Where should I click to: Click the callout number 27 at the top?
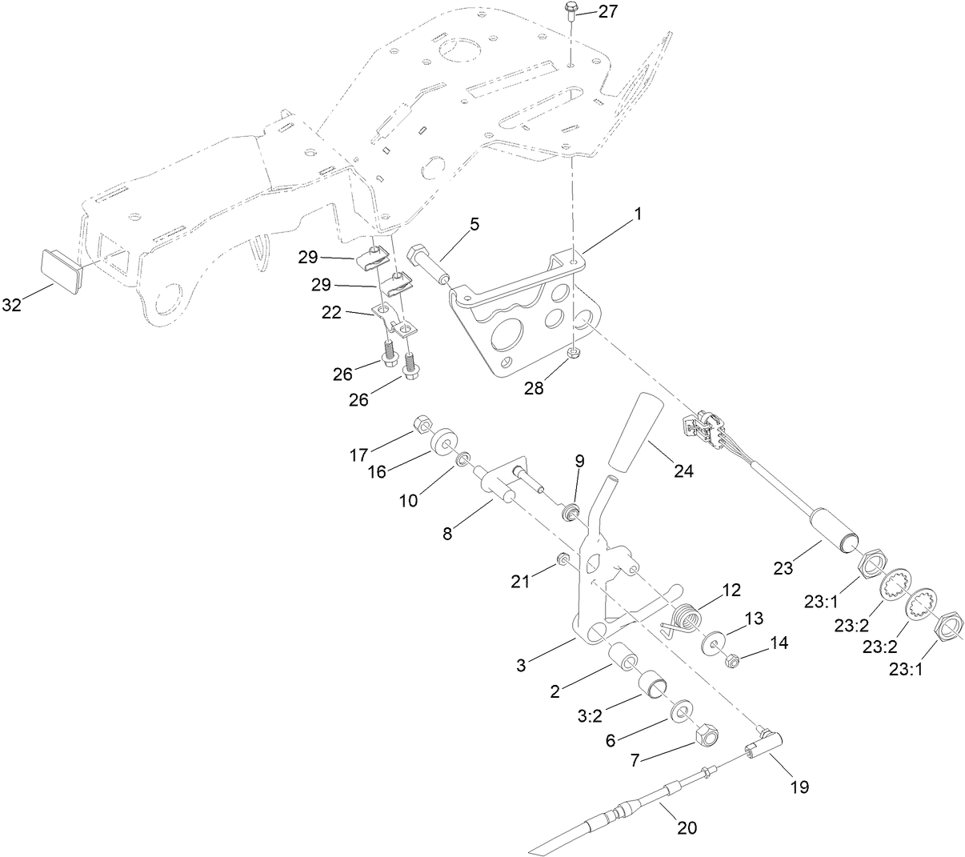[608, 12]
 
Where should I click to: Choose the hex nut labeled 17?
[423, 424]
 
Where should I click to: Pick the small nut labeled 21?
[563, 559]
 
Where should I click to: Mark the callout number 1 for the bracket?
[638, 214]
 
